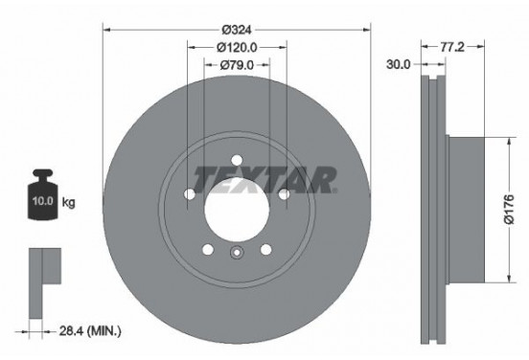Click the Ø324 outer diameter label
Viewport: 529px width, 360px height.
pyautogui.click(x=237, y=30)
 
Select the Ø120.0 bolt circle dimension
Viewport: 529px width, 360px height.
pyautogui.click(x=237, y=48)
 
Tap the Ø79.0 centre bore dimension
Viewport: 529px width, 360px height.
pyautogui.click(x=237, y=65)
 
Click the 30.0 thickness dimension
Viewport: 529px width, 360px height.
pyautogui.click(x=398, y=64)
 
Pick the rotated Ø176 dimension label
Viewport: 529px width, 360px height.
pyautogui.click(x=509, y=210)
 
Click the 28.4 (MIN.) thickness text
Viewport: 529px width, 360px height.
pyautogui.click(x=90, y=331)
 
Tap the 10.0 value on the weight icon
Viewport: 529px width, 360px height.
pyautogui.click(x=43, y=201)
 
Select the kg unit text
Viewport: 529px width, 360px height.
pyautogui.click(x=68, y=203)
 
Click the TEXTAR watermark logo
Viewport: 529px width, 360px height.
pyautogui.click(x=265, y=180)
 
